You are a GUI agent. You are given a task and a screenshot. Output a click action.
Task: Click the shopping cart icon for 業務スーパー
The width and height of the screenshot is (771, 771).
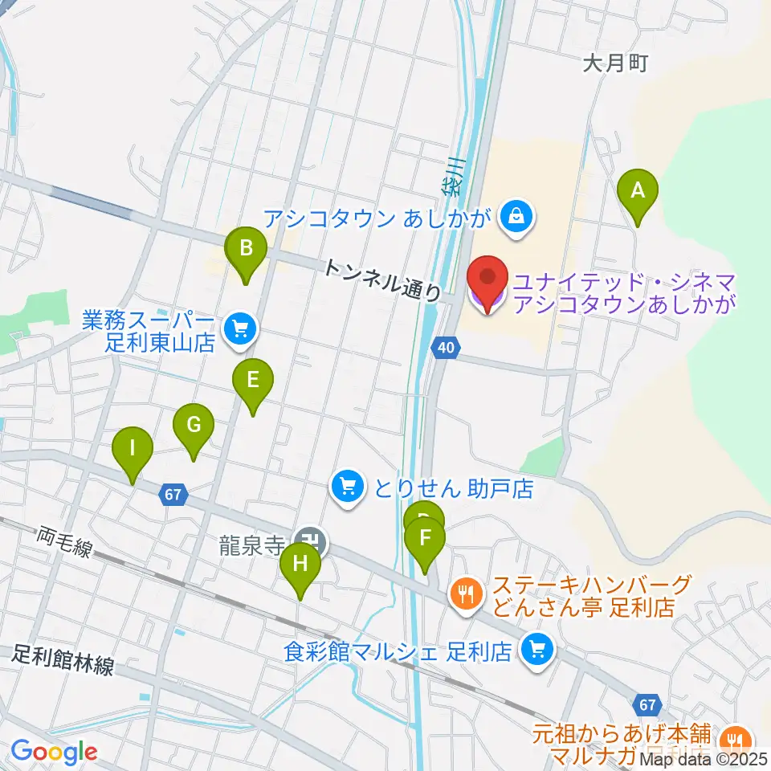click(x=239, y=328)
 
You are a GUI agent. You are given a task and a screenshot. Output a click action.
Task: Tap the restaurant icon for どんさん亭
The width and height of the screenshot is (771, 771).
click(x=467, y=595)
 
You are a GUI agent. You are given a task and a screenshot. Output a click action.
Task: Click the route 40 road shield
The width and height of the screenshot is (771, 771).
click(x=446, y=347)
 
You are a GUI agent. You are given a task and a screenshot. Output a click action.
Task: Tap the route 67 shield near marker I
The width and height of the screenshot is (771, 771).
click(x=173, y=495)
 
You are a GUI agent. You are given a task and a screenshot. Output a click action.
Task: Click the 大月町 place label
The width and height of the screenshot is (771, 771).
click(x=614, y=63)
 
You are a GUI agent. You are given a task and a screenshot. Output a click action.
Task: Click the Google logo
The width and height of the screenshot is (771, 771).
click(x=54, y=752)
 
